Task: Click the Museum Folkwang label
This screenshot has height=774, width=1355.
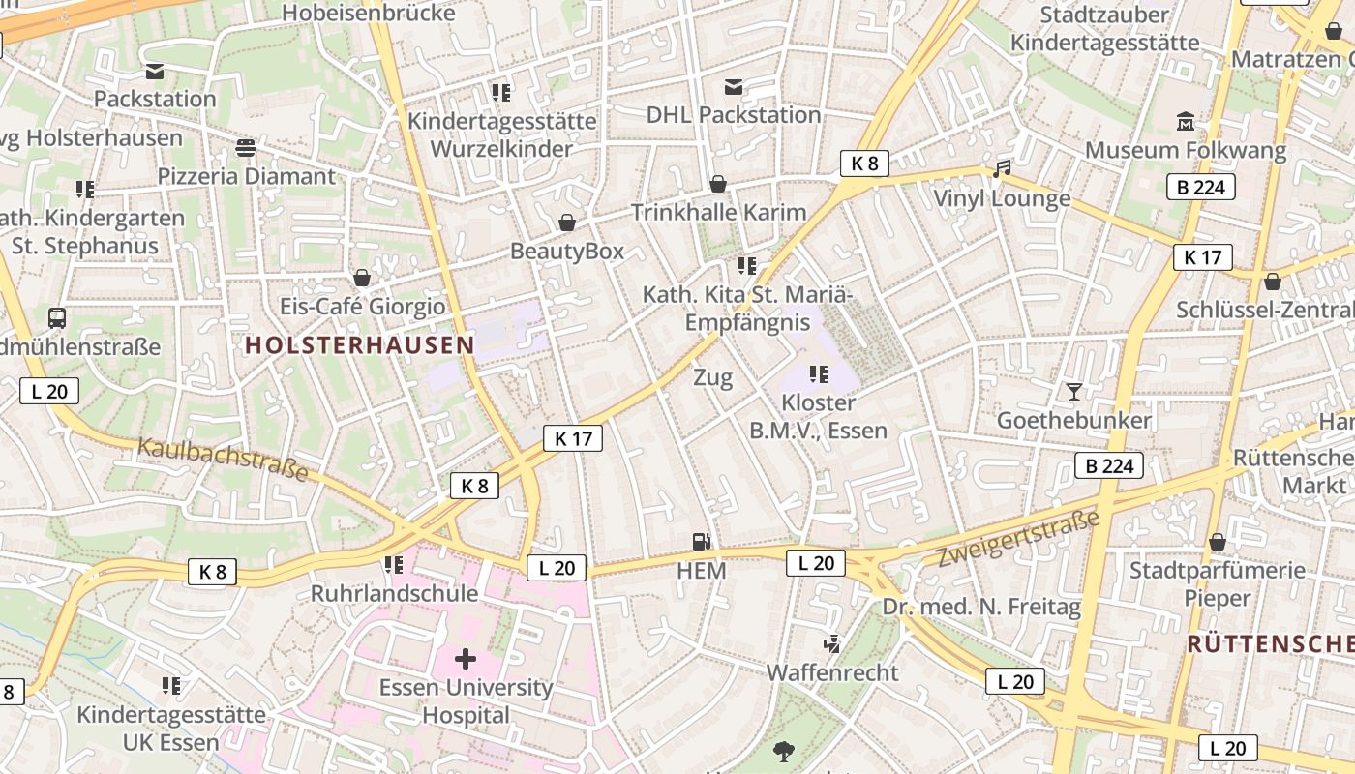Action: tap(1185, 151)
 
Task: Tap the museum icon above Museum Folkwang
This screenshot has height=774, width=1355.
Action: tap(1185, 123)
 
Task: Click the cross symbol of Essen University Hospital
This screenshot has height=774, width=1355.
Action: tap(466, 659)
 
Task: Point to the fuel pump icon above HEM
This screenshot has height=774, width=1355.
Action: tap(701, 542)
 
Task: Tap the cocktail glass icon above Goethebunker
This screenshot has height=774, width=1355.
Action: tap(1073, 392)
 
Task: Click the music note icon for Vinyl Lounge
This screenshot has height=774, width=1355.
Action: tap(1002, 169)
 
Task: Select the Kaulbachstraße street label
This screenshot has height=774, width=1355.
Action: tap(223, 460)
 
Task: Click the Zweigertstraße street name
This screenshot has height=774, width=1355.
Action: tap(1019, 539)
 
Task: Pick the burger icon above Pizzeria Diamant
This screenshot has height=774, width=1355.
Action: tap(246, 148)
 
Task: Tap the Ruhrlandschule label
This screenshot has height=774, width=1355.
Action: tap(394, 593)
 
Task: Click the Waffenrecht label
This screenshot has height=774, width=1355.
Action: tap(832, 672)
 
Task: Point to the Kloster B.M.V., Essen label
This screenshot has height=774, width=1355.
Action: tap(818, 416)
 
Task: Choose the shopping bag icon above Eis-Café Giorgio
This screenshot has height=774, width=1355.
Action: tap(362, 279)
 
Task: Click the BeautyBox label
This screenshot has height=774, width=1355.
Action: tap(567, 252)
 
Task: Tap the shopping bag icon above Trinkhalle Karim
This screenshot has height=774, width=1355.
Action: tap(718, 184)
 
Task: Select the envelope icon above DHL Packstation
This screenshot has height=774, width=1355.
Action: tap(734, 88)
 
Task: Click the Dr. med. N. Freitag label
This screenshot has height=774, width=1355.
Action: tap(981, 607)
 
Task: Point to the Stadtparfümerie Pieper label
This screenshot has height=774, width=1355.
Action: tap(1218, 583)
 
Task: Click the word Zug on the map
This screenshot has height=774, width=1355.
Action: tap(712, 378)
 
